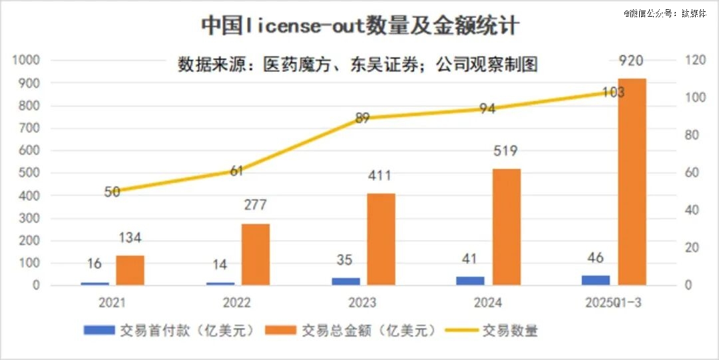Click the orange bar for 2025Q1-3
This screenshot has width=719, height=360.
(x=632, y=182)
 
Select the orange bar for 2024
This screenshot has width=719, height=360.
(x=507, y=227)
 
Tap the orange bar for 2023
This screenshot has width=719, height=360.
(x=381, y=240)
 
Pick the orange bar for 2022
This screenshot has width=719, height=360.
(x=256, y=254)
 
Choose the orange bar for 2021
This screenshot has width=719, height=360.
(x=130, y=270)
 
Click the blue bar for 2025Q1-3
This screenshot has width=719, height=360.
(x=595, y=280)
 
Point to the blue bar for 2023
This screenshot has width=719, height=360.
(x=346, y=281)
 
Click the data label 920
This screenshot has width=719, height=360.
(x=630, y=61)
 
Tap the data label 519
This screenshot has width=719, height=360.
(x=506, y=152)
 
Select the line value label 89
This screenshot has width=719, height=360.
(x=362, y=118)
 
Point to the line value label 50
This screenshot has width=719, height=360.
(x=112, y=192)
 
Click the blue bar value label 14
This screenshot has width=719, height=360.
(x=220, y=264)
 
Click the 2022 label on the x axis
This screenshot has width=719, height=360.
(x=237, y=303)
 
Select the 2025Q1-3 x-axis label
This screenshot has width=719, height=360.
(x=613, y=303)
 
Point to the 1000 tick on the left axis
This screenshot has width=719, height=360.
(x=27, y=61)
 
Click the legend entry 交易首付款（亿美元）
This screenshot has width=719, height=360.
(x=170, y=330)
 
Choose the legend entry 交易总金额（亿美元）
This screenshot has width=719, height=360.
(x=353, y=330)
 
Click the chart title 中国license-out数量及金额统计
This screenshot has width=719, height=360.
(x=360, y=26)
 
